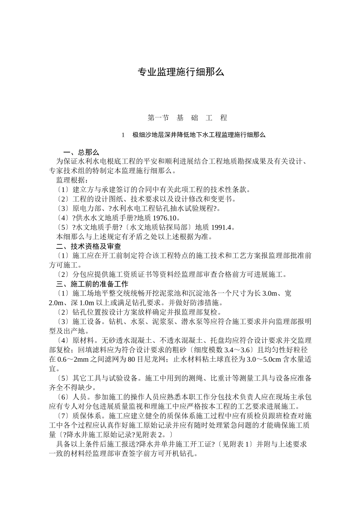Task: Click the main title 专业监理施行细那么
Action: [x=180, y=72]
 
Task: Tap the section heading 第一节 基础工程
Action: [x=187, y=118]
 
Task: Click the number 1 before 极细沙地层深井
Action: [x=123, y=135]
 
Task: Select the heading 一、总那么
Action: [x=81, y=152]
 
